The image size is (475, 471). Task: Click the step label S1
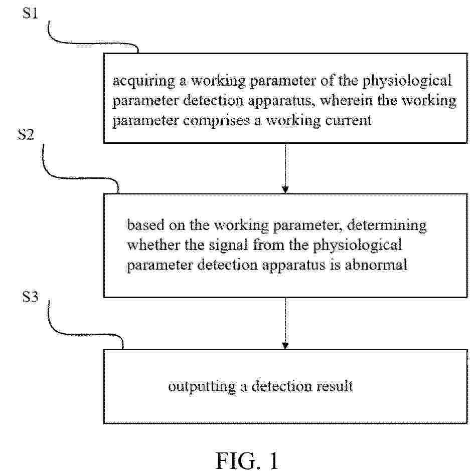tap(30, 13)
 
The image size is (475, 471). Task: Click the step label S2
tap(26, 134)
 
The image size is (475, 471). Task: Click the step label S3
tap(30, 297)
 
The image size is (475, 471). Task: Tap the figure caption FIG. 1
tap(246, 460)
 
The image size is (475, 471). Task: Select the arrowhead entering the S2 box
tap(285, 189)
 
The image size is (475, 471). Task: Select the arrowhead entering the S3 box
tap(285, 345)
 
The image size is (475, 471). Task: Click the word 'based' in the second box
tap(145, 225)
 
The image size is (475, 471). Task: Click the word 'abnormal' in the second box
tap(376, 265)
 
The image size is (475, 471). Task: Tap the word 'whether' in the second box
tap(153, 245)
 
